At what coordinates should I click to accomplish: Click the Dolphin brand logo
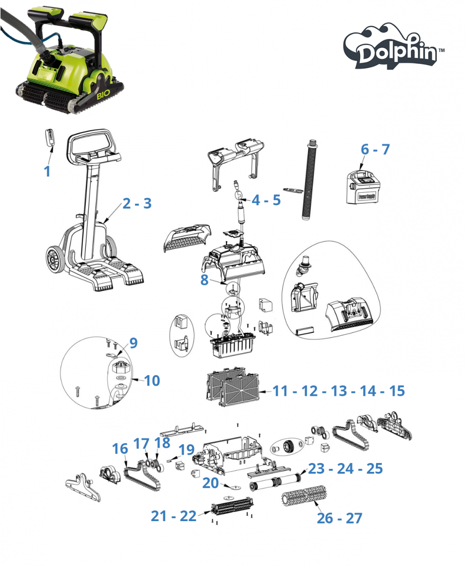[393, 47]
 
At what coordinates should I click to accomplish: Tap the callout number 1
[47, 171]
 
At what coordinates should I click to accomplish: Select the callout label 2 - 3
[137, 203]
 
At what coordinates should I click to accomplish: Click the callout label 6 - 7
[375, 149]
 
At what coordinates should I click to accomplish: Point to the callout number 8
[204, 280]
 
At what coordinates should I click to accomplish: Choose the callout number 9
[133, 343]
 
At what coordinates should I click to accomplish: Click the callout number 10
[152, 381]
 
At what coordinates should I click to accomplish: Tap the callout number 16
[120, 449]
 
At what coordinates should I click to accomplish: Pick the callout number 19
[187, 450]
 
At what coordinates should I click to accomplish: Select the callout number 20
[210, 483]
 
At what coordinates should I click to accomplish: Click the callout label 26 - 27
[339, 518]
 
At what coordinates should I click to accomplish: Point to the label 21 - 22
[173, 516]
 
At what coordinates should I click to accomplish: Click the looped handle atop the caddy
[93, 144]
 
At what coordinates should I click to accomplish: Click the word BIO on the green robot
[103, 96]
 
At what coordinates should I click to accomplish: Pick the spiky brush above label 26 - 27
[304, 495]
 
